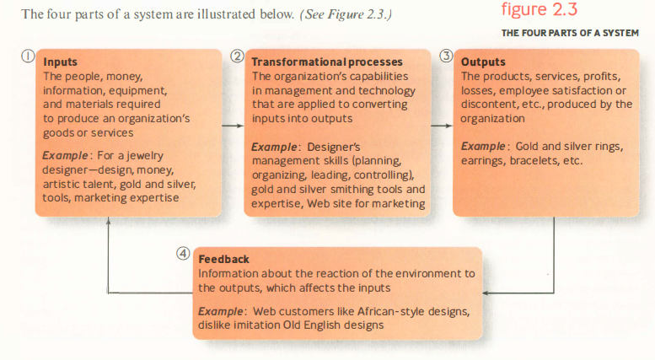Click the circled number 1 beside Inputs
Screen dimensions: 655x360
point(28,56)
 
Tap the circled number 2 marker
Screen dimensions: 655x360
point(237,56)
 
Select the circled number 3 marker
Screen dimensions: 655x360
point(446,56)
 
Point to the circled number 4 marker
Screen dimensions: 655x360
point(183,254)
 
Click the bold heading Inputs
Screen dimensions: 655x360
point(60,62)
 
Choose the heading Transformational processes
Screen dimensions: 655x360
point(327,62)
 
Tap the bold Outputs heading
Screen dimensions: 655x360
point(483,62)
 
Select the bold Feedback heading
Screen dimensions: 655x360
point(224,260)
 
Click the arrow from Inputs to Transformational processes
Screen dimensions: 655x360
point(233,126)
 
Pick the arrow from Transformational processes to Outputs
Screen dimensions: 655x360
point(442,126)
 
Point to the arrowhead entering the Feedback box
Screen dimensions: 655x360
point(486,293)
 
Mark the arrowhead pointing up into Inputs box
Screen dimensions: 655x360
point(108,220)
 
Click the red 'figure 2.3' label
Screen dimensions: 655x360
point(540,9)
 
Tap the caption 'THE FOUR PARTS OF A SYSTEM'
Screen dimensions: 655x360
point(570,33)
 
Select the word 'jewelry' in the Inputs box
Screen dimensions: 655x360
point(145,156)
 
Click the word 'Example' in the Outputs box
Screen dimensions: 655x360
point(483,146)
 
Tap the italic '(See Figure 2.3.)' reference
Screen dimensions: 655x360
point(346,14)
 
